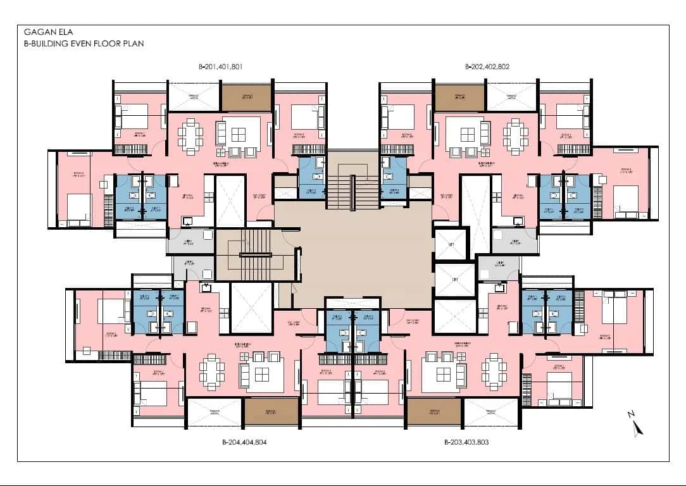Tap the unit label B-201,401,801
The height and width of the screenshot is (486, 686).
pyautogui.click(x=221, y=66)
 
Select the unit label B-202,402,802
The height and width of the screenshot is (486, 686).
pyautogui.click(x=487, y=66)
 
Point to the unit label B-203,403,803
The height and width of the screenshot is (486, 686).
pyautogui.click(x=466, y=442)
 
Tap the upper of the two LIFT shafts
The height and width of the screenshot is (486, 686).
pyautogui.click(x=451, y=244)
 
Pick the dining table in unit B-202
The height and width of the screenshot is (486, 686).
pyautogui.click(x=514, y=135)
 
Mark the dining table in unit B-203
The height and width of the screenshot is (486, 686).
pyautogui.click(x=493, y=371)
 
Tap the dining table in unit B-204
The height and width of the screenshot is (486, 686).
pyautogui.click(x=211, y=371)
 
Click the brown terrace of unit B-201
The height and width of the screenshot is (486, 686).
pyautogui.click(x=247, y=97)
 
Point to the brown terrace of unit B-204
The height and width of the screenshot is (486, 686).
pyautogui.click(x=271, y=412)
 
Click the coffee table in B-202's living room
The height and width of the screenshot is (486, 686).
pyautogui.click(x=468, y=135)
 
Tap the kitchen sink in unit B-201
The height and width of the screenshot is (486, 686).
pyautogui.click(x=188, y=221)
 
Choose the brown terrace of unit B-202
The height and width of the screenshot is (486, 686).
pyautogui.click(x=459, y=97)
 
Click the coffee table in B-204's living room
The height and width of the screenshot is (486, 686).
pyautogui.click(x=260, y=371)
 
